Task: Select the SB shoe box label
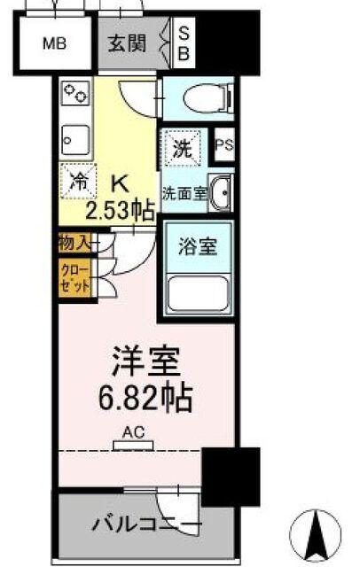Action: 184,43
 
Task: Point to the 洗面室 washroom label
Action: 184,192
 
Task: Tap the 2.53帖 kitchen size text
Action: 120,211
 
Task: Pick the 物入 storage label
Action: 74,242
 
